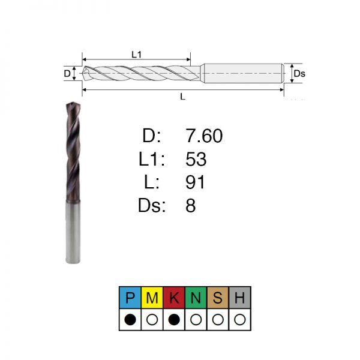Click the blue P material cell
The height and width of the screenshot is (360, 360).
coord(130,298)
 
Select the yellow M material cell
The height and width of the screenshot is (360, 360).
coord(152,298)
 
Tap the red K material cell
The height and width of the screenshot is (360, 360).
coord(174,298)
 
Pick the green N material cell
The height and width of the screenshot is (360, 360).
coord(196,298)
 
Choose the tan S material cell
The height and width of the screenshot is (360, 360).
coord(218,298)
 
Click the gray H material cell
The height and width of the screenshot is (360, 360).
coord(239,298)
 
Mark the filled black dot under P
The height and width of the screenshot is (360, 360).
coord(130,319)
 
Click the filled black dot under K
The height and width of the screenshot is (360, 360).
coord(174,319)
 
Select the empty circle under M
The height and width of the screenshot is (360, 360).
coord(152,319)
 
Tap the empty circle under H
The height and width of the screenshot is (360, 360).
coord(239,319)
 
